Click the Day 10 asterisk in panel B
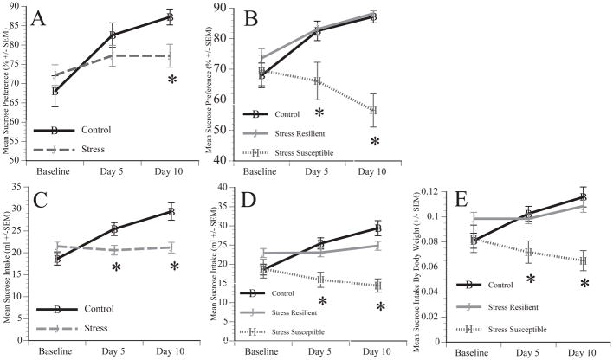tap(375, 141)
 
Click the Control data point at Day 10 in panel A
tap(170, 17)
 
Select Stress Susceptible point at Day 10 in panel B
tap(374, 111)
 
